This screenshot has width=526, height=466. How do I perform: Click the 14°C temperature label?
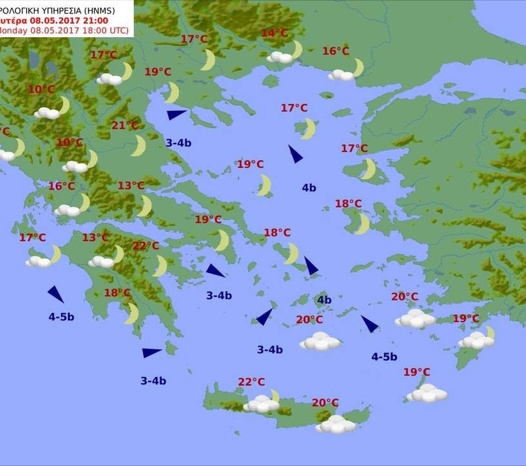tap(274, 33)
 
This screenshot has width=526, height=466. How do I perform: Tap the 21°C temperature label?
tap(124, 126)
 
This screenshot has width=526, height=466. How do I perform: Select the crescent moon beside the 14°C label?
tap(296, 49)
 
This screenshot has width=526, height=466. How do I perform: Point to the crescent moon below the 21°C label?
tap(138, 146)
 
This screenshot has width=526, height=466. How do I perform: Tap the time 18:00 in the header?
tap(92, 30)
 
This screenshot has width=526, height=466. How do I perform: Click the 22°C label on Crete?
tap(251, 382)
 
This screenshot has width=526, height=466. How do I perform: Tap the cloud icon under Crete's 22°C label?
tap(262, 404)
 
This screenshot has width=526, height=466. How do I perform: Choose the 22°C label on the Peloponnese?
tap(146, 246)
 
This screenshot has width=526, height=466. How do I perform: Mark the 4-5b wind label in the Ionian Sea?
tap(61, 317)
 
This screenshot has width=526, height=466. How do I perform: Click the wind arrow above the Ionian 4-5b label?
tap(56, 294)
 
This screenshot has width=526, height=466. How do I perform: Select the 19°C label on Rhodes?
tap(466, 319)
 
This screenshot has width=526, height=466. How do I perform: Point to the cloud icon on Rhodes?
tap(476, 340)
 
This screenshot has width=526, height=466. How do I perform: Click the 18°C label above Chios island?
tap(348, 204)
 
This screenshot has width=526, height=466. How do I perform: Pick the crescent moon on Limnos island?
tap(309, 128)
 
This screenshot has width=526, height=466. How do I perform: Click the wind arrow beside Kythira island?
tap(151, 353)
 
